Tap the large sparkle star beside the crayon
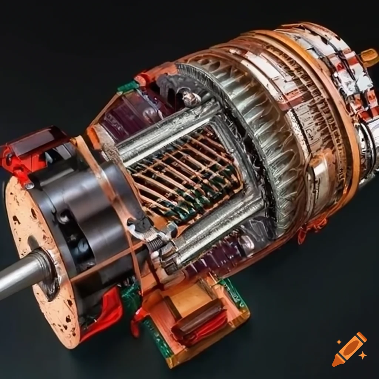click(x=363, y=355)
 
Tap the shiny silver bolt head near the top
click(x=189, y=98)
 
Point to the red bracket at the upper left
click(x=22, y=148)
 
